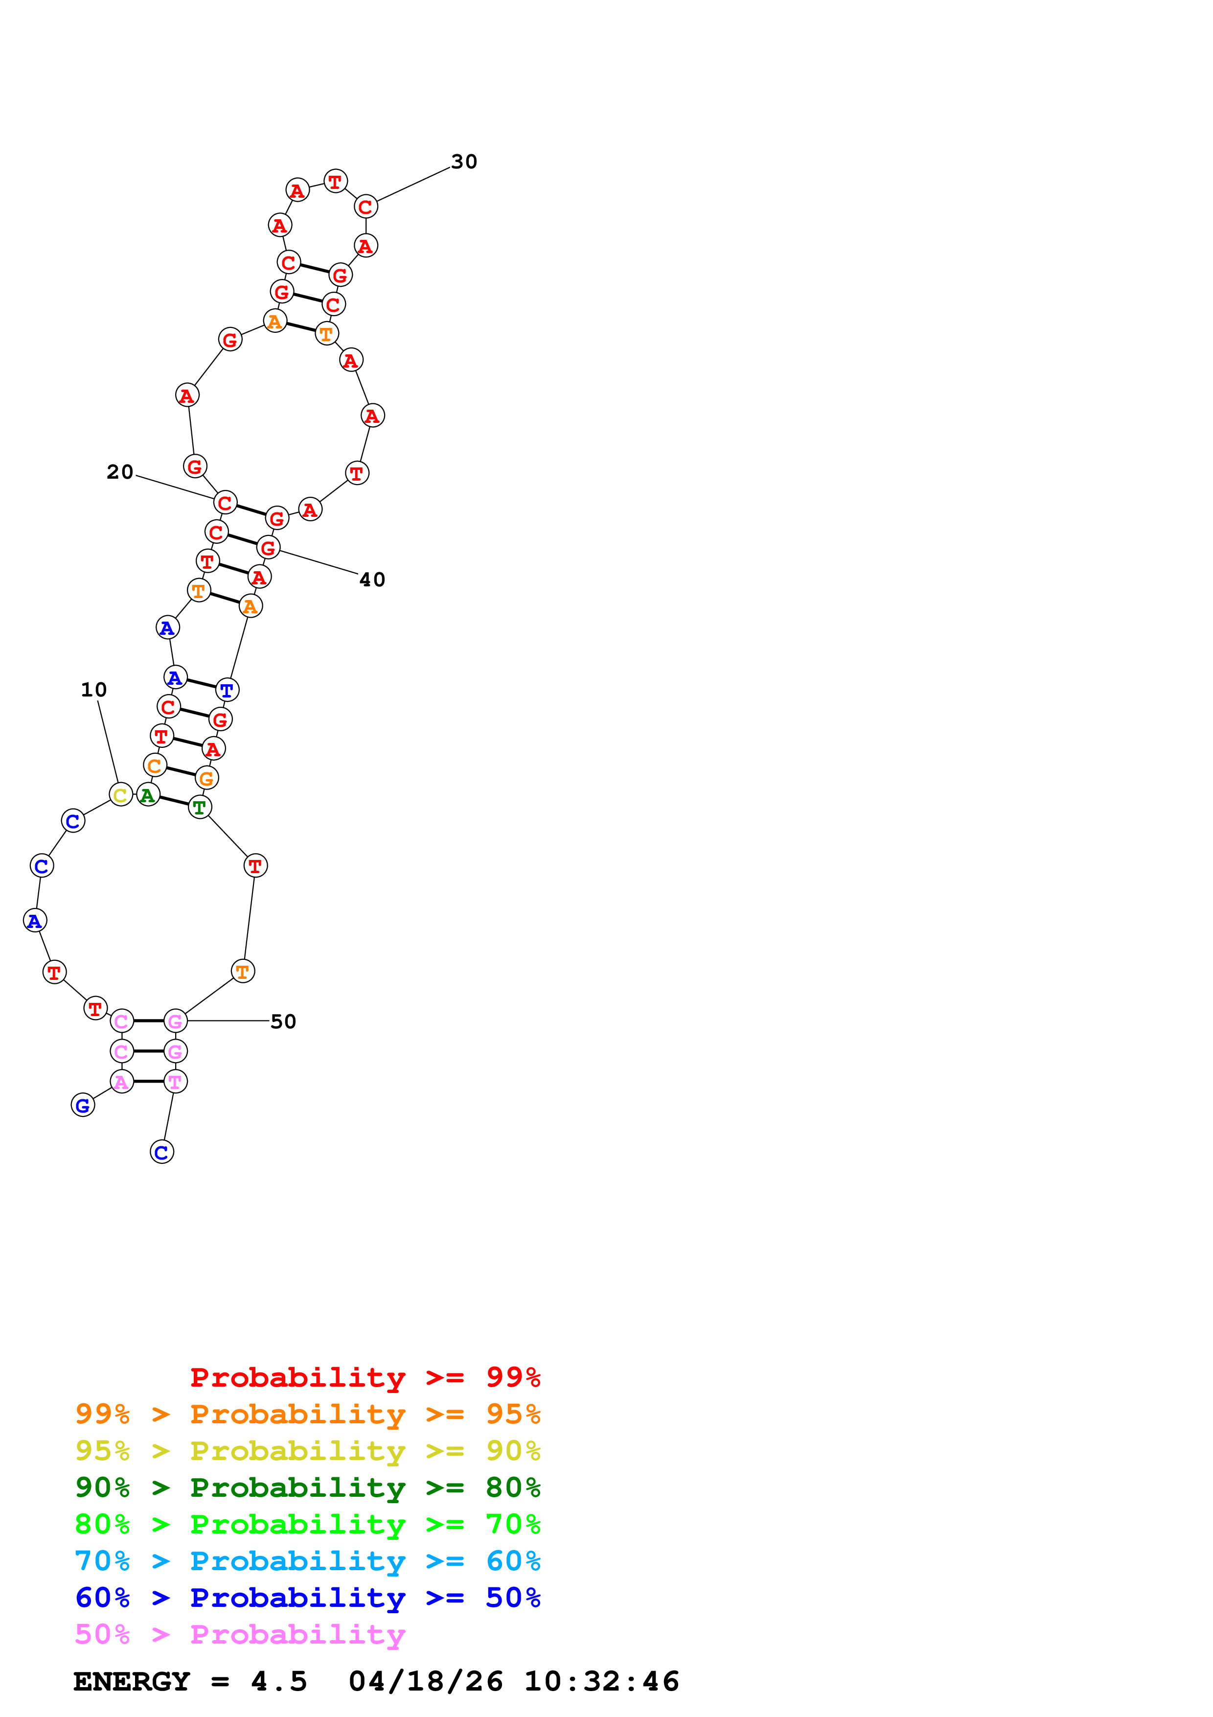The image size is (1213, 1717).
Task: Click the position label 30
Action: [x=464, y=162]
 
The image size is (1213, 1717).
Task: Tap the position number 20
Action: [x=119, y=472]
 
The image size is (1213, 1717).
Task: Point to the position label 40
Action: [x=372, y=580]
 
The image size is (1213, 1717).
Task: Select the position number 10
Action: [x=93, y=690]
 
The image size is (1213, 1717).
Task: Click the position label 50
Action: [x=283, y=1021]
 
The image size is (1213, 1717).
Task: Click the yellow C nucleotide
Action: [x=120, y=795]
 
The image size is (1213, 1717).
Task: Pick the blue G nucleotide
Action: [x=83, y=1105]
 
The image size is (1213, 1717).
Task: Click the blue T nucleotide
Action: [x=227, y=690]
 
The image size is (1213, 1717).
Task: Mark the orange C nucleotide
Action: [x=155, y=766]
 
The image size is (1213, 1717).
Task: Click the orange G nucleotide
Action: [x=207, y=779]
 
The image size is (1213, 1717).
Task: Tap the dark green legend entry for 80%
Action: [x=307, y=1487]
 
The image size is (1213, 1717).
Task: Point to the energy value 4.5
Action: [x=279, y=1682]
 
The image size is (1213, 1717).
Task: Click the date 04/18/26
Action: [x=425, y=1682]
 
